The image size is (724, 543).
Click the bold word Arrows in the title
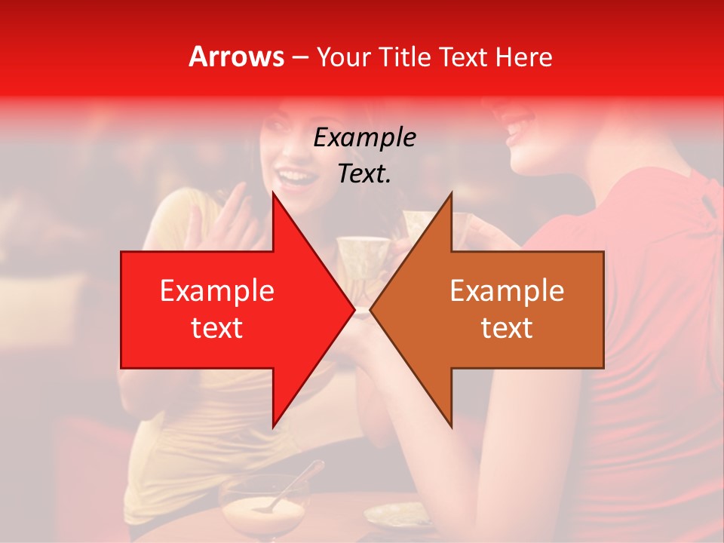236,57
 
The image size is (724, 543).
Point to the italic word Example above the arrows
364,137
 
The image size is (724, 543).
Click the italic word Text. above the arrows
364,173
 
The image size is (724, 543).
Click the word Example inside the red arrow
216,290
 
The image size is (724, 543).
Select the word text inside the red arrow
216,328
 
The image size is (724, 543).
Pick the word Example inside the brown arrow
507,290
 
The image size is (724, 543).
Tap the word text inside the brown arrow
507,328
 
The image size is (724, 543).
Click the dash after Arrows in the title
299,57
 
